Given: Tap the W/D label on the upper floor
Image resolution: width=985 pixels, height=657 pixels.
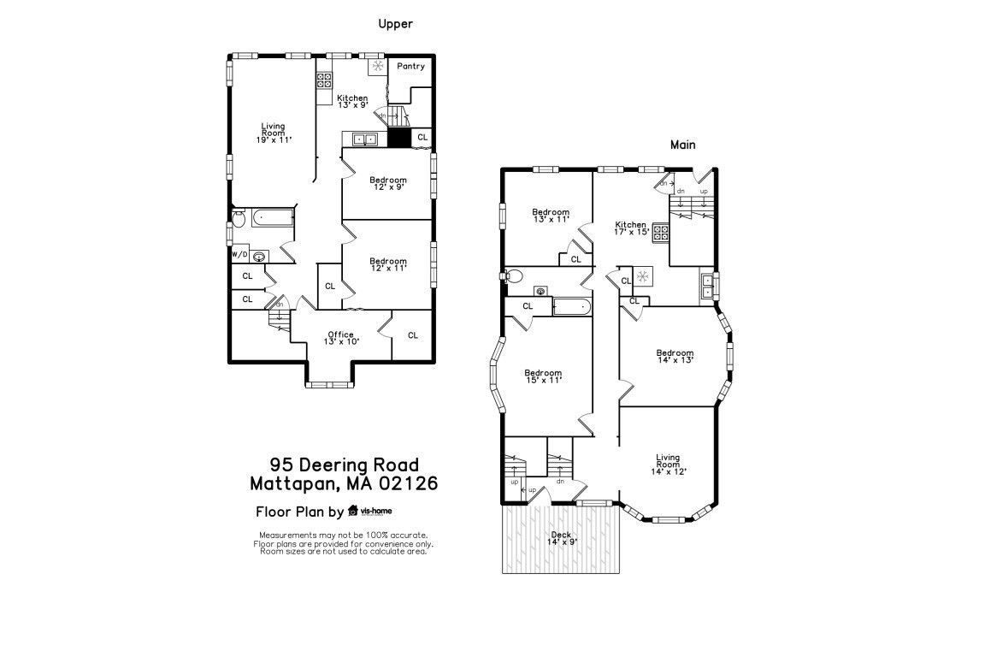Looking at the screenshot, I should tap(239, 255).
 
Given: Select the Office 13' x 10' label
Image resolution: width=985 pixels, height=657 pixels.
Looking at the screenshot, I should tap(341, 338).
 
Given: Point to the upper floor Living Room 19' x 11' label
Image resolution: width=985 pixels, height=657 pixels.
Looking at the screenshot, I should tap(274, 133).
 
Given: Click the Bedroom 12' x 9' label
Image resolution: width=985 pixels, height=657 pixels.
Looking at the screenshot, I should tap(387, 183).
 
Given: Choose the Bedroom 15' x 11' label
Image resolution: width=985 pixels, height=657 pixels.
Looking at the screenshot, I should tap(543, 376).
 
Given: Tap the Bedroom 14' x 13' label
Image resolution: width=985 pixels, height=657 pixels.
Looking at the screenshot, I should tap(675, 356).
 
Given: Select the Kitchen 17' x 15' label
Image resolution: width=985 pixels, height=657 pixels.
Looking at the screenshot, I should tap(631, 228).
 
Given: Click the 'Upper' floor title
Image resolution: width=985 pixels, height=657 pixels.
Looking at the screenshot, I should tap(395, 24).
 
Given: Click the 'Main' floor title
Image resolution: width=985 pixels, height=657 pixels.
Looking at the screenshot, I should tap(682, 145).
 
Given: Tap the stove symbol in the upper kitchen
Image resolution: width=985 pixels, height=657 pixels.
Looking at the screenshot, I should tap(325, 80).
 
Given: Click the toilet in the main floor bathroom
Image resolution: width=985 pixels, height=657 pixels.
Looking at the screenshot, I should tap(512, 276).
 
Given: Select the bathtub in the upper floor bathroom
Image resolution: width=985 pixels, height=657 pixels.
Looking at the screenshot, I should tap(272, 218).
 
